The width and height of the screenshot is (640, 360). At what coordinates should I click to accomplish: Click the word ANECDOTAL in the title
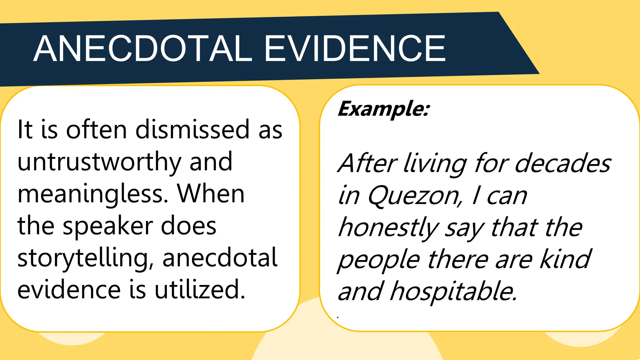click(x=142, y=49)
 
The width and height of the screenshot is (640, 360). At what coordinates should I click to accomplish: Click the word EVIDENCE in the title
click(x=355, y=49)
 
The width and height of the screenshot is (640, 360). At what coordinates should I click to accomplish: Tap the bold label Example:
click(x=384, y=109)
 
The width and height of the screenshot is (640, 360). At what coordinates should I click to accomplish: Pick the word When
click(x=211, y=194)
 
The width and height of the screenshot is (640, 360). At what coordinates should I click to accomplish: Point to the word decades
click(x=562, y=163)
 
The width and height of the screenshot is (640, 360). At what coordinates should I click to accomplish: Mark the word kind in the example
click(x=566, y=259)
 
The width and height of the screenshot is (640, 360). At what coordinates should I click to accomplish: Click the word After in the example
click(x=367, y=163)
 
